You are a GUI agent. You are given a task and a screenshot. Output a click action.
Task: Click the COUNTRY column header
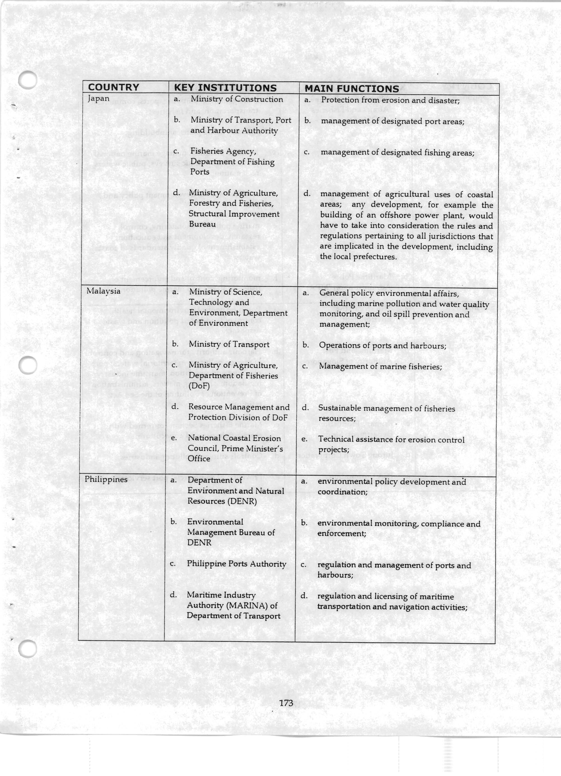(113, 87)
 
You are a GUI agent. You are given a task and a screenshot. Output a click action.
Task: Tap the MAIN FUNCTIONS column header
(352, 89)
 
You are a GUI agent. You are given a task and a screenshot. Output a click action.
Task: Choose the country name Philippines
(106, 479)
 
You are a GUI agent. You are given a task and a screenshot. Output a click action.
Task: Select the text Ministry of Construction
(237, 99)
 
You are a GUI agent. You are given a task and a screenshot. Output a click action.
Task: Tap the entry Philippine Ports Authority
(236, 564)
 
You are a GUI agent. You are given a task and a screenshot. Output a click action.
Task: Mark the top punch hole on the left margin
(27, 80)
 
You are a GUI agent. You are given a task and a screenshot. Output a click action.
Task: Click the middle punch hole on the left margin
(27, 365)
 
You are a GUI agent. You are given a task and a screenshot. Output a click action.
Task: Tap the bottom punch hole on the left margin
(27, 649)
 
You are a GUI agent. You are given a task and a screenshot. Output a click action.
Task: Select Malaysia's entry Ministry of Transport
(229, 344)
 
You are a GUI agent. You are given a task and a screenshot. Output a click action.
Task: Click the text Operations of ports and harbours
(382, 346)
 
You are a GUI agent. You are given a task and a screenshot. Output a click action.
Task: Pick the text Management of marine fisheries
(380, 366)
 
